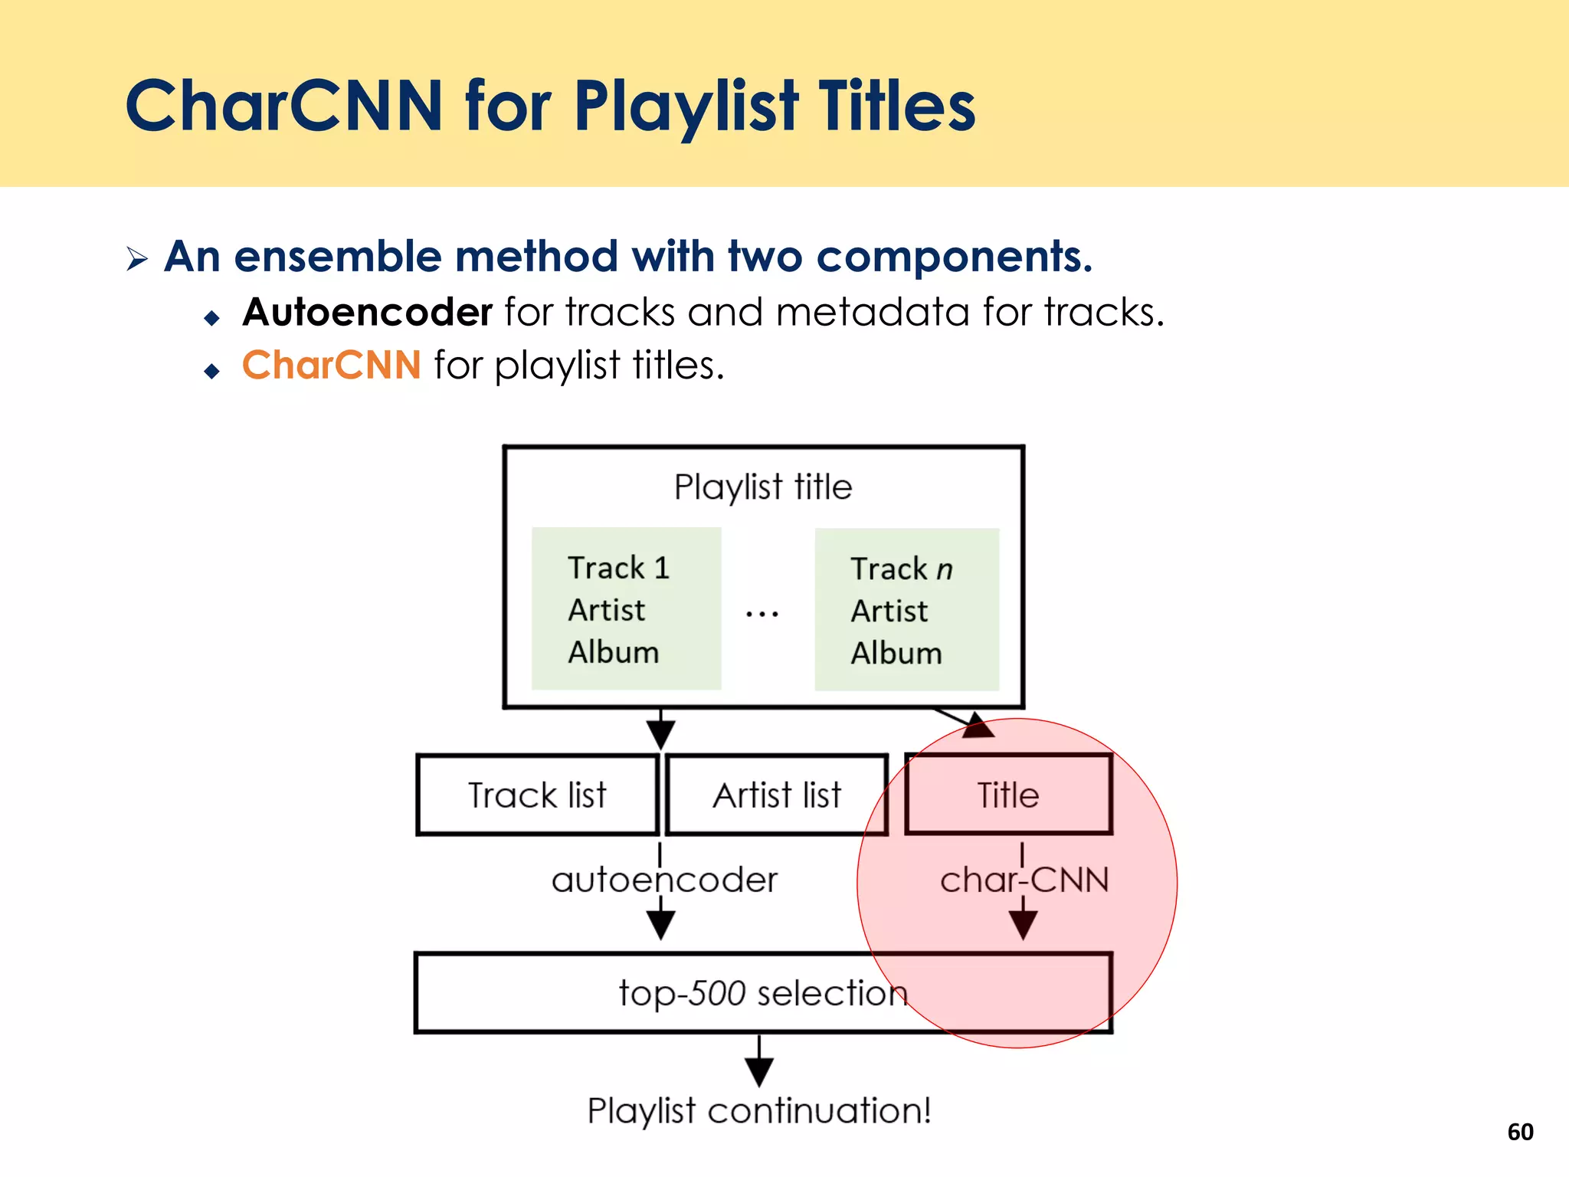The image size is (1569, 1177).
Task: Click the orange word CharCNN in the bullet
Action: click(x=331, y=365)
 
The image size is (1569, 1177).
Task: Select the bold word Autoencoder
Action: click(x=367, y=313)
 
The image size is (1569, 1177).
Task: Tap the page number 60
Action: click(x=1520, y=1132)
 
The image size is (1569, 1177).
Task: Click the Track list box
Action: click(x=537, y=795)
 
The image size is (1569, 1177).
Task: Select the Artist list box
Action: click(x=777, y=795)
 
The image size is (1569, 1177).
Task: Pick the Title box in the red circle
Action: click(x=1008, y=795)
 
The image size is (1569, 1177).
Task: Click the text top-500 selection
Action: click(x=762, y=993)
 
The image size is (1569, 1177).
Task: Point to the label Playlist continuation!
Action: click(x=759, y=1110)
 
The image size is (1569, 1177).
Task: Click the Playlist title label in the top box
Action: click(x=763, y=487)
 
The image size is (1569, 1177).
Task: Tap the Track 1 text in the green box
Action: click(x=619, y=568)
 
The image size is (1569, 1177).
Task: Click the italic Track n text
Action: click(x=902, y=569)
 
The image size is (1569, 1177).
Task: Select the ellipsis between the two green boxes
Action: click(x=762, y=614)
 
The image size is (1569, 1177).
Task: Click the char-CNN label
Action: click(x=1024, y=880)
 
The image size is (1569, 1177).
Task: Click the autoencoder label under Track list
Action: click(x=664, y=880)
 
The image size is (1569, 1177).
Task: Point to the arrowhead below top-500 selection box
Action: click(x=759, y=1070)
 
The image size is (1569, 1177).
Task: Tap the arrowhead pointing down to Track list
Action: click(x=660, y=733)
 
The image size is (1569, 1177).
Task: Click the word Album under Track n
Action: click(x=896, y=653)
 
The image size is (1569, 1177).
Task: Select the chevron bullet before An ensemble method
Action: click(x=137, y=258)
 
